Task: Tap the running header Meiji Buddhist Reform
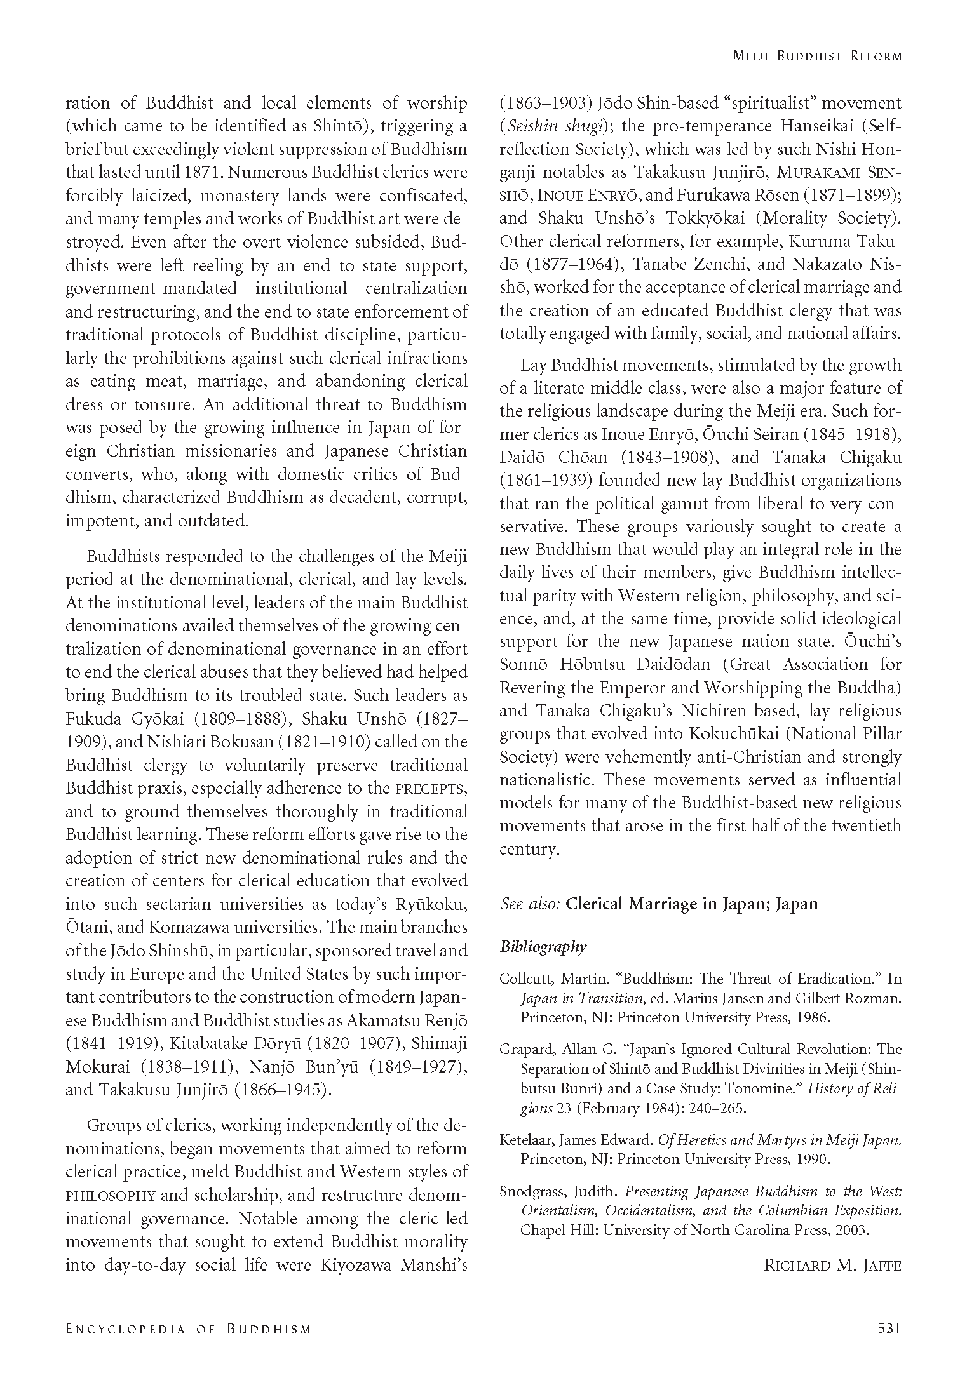817,56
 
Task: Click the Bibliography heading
543,947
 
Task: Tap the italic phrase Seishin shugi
554,126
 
